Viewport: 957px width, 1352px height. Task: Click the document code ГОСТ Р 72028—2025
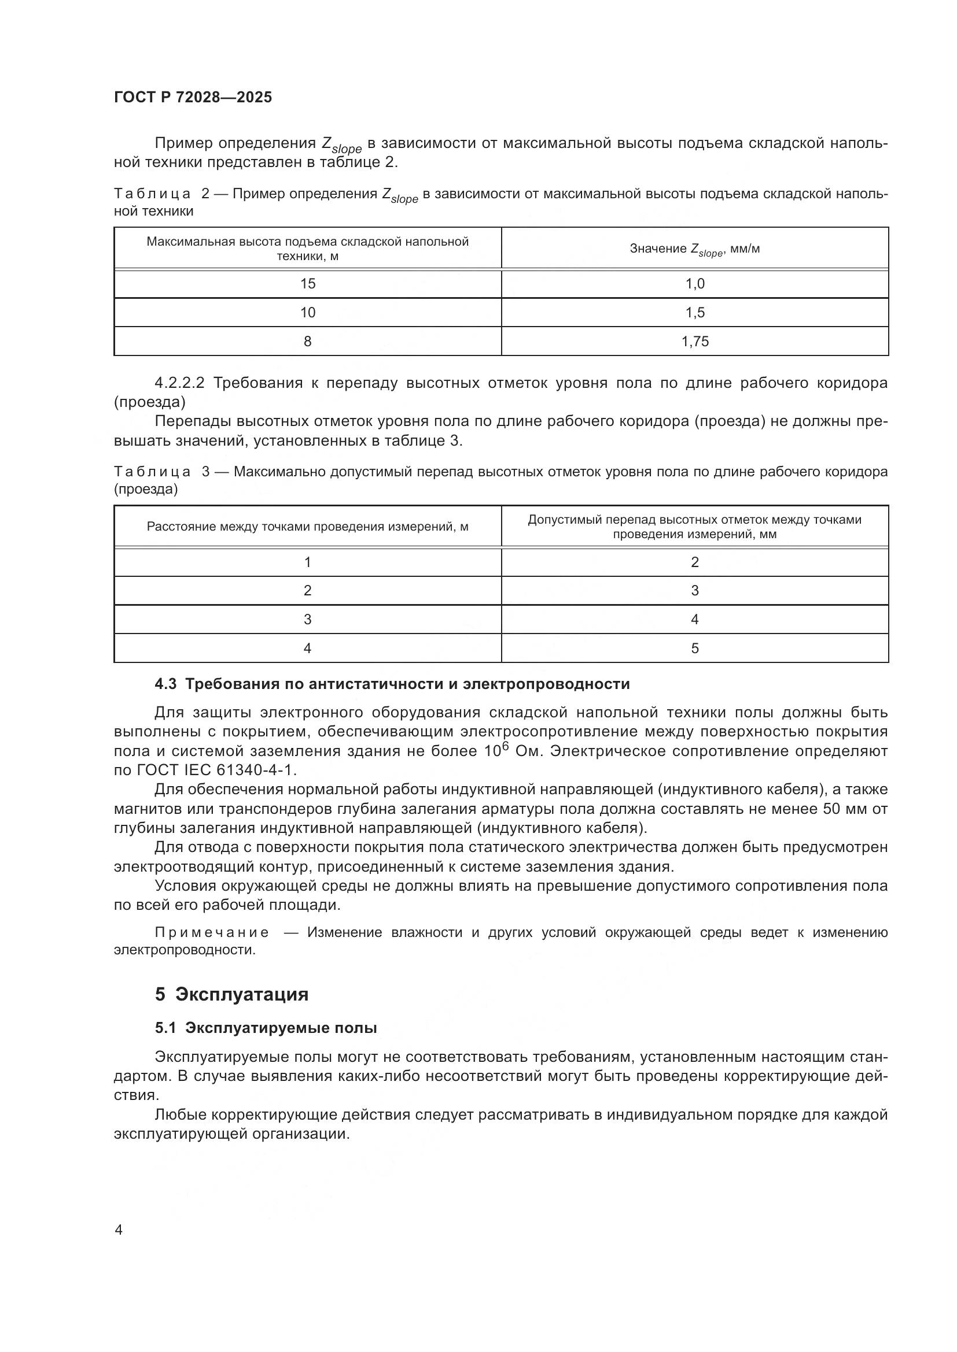(193, 98)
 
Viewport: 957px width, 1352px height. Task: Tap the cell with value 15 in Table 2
(308, 284)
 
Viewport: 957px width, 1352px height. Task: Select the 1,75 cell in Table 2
(695, 342)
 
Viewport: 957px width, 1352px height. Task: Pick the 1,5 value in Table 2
(695, 313)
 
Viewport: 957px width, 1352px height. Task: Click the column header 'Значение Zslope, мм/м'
(695, 249)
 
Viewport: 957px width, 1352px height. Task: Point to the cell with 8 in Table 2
(308, 342)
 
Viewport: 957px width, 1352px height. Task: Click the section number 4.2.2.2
(179, 383)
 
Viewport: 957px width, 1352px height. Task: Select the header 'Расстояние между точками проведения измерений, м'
(308, 527)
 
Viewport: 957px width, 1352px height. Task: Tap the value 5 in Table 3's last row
(695, 649)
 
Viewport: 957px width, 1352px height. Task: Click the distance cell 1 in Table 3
(308, 562)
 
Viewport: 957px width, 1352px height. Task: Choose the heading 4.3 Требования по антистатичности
(392, 684)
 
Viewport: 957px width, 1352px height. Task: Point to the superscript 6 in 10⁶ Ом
(505, 746)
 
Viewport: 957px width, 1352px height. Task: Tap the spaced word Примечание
(212, 932)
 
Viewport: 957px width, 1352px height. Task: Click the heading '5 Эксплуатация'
(231, 995)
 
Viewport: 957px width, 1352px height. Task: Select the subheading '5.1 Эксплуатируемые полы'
(266, 1028)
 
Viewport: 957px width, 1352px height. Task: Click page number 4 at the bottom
(119, 1230)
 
